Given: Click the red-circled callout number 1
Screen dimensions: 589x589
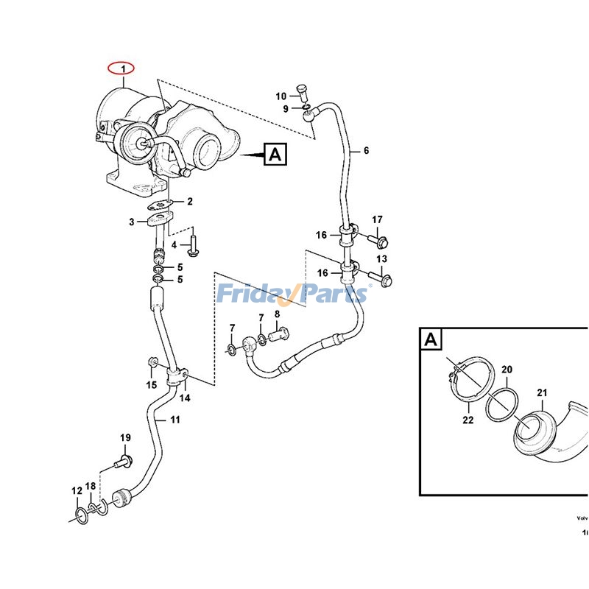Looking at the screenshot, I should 124,69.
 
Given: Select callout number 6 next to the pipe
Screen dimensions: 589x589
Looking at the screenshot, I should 366,151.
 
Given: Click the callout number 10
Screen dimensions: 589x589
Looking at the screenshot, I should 281,96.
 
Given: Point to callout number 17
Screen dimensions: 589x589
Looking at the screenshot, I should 377,219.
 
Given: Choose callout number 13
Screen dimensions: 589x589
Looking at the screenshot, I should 381,259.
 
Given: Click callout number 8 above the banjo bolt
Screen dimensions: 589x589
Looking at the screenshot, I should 278,315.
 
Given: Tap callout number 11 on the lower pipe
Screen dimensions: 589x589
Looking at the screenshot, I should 174,420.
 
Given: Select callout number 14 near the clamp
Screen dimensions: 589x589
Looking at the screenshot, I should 185,398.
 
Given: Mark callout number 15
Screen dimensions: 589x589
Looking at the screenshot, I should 151,384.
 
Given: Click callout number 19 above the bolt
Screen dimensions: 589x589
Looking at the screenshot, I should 125,439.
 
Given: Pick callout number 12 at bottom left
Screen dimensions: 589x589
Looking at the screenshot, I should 77,490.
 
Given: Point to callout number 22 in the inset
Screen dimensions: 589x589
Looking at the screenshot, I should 468,420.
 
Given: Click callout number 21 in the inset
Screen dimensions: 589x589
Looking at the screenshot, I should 542,393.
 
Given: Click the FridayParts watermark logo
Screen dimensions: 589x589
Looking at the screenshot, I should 292,294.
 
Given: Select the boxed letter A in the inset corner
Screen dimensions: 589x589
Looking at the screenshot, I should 431,339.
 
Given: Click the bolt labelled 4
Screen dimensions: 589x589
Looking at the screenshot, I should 193,245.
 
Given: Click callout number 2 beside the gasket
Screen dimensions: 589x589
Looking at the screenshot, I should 189,201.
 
